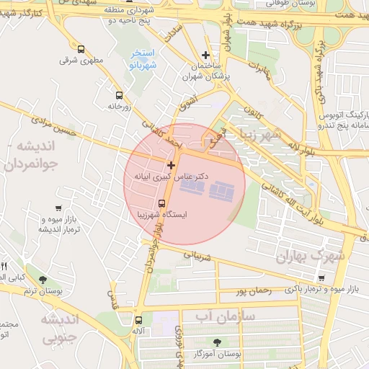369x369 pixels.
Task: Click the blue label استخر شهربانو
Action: click(143, 59)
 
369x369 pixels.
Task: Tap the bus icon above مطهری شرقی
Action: click(80, 50)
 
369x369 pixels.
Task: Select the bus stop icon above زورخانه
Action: click(119, 95)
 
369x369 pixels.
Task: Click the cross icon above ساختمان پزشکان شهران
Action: click(206, 55)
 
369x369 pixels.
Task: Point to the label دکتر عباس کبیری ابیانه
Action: click(172, 176)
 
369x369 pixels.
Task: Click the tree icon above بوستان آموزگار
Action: click(217, 342)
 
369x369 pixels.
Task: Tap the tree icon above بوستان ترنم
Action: click(43, 280)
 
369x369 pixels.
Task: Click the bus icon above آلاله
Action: click(138, 321)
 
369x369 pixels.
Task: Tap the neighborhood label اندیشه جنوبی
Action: click(64, 328)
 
